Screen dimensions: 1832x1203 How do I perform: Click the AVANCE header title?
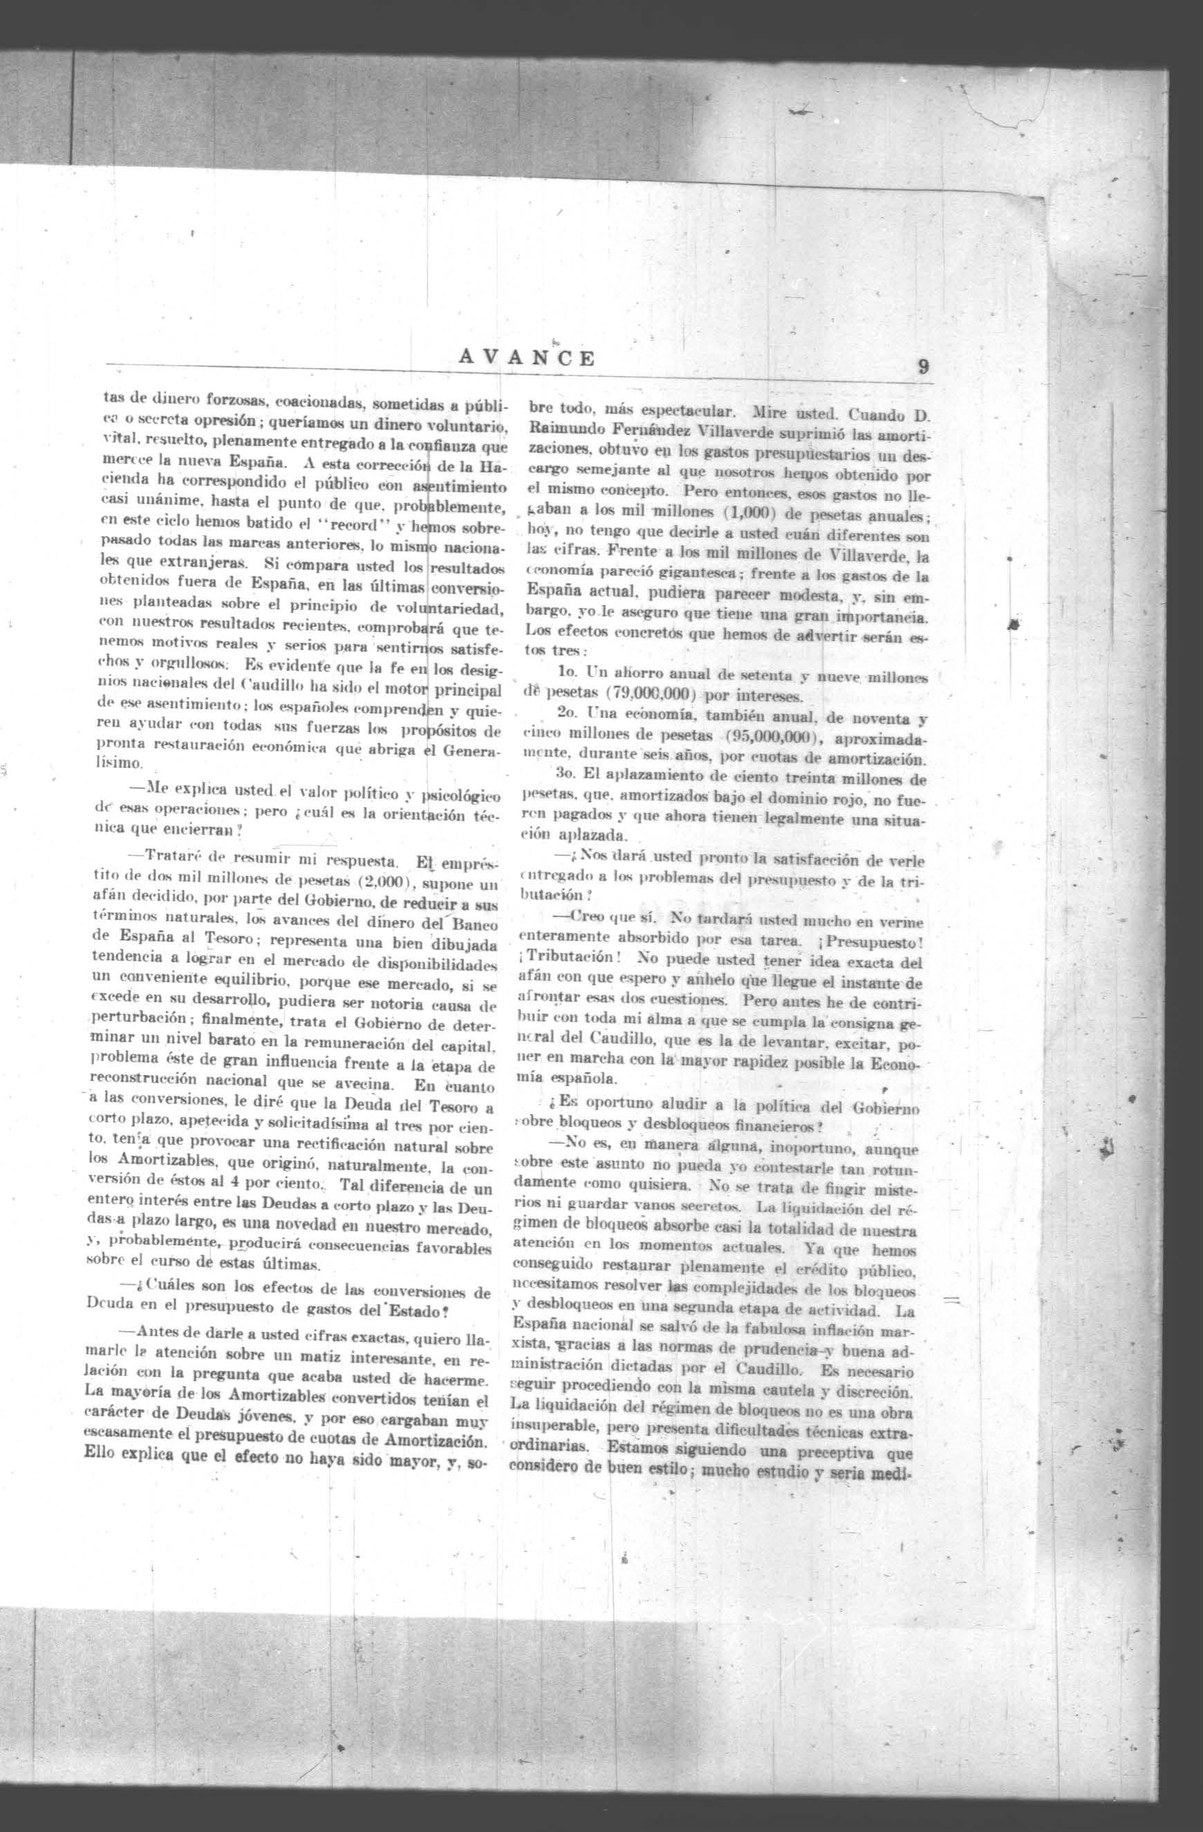(x=527, y=358)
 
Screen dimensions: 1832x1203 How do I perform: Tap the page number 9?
(x=922, y=368)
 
